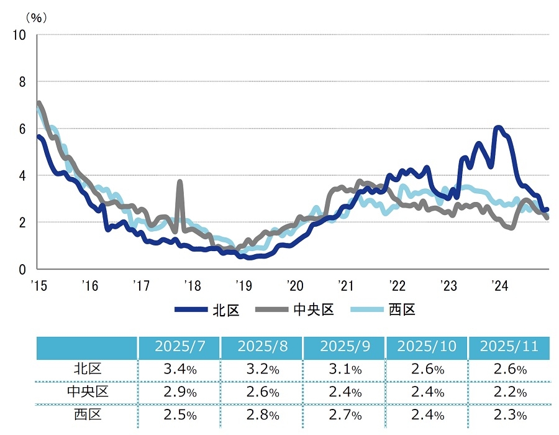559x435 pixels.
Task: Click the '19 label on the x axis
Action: pos(243,286)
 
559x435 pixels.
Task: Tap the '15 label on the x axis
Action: pos(38,286)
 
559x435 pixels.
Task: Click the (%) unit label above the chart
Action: pos(35,17)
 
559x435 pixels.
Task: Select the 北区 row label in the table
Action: pos(87,370)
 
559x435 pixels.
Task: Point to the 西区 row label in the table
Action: pos(87,414)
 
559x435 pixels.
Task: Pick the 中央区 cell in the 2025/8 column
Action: pos(261,392)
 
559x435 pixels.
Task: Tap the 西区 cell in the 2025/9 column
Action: pos(344,414)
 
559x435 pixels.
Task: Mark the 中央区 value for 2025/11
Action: pos(509,392)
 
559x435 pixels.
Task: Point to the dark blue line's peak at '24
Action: pos(498,127)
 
